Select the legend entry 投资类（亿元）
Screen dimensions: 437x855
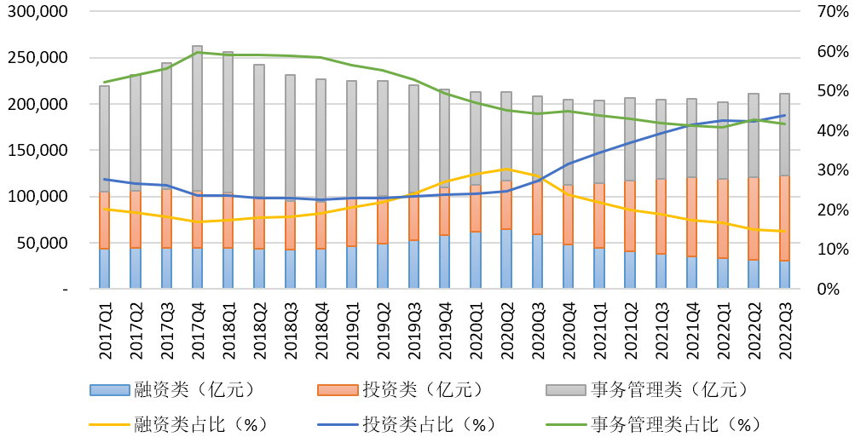(x=401, y=390)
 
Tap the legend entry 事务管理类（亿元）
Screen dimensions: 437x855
(x=647, y=390)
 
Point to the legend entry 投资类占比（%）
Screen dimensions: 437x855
(x=401, y=424)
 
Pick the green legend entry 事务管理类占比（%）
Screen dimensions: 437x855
(x=647, y=424)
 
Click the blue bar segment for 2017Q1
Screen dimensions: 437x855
(x=105, y=269)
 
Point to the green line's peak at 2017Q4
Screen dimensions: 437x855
(x=198, y=52)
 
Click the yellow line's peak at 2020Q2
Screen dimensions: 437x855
(x=507, y=169)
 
